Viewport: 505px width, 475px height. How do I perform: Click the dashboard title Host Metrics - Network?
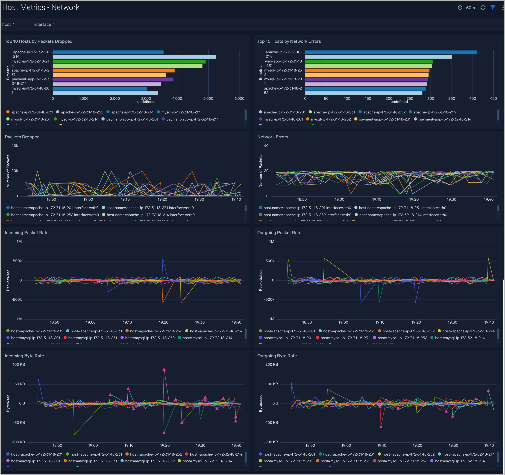pos(41,7)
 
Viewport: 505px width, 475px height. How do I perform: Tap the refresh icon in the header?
pos(483,8)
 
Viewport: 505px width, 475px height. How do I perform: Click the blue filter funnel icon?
pos(493,8)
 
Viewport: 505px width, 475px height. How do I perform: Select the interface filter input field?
pos(61,25)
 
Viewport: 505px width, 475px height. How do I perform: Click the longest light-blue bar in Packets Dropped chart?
pos(134,57)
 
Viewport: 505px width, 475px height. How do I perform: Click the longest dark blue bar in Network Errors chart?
pos(391,52)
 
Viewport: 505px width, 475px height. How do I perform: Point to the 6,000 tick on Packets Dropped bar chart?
pos(239,99)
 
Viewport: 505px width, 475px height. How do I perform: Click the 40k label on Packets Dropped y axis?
pos(14,146)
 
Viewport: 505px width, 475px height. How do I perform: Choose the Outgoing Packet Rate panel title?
pos(279,233)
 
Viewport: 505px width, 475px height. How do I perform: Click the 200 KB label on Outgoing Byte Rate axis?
pos(272,365)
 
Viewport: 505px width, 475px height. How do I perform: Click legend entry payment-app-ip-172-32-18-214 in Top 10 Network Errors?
pos(445,119)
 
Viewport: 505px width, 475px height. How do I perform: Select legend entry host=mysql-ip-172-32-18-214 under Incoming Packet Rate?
pos(207,338)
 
